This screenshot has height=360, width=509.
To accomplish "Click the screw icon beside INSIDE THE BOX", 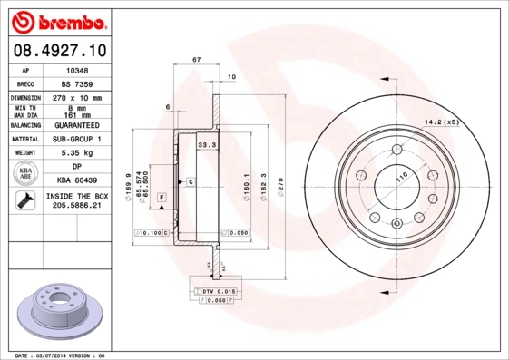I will pos(25,201).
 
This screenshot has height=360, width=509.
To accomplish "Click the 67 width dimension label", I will pos(196,60).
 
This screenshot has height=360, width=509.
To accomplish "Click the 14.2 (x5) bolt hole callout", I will pos(442,122).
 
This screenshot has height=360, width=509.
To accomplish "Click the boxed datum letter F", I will pos(161,197).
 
